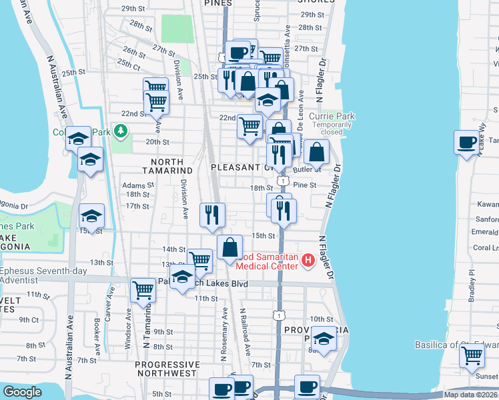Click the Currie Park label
click(336, 116)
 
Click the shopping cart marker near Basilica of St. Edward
click(472, 355)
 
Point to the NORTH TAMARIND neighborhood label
click(163, 166)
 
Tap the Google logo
click(22, 393)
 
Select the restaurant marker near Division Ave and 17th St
click(212, 215)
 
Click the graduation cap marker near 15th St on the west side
click(91, 216)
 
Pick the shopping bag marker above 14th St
click(229, 247)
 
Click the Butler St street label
click(312, 171)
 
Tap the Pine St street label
click(304, 185)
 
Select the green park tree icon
click(121, 130)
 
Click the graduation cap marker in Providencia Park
click(324, 339)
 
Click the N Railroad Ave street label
click(245, 331)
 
